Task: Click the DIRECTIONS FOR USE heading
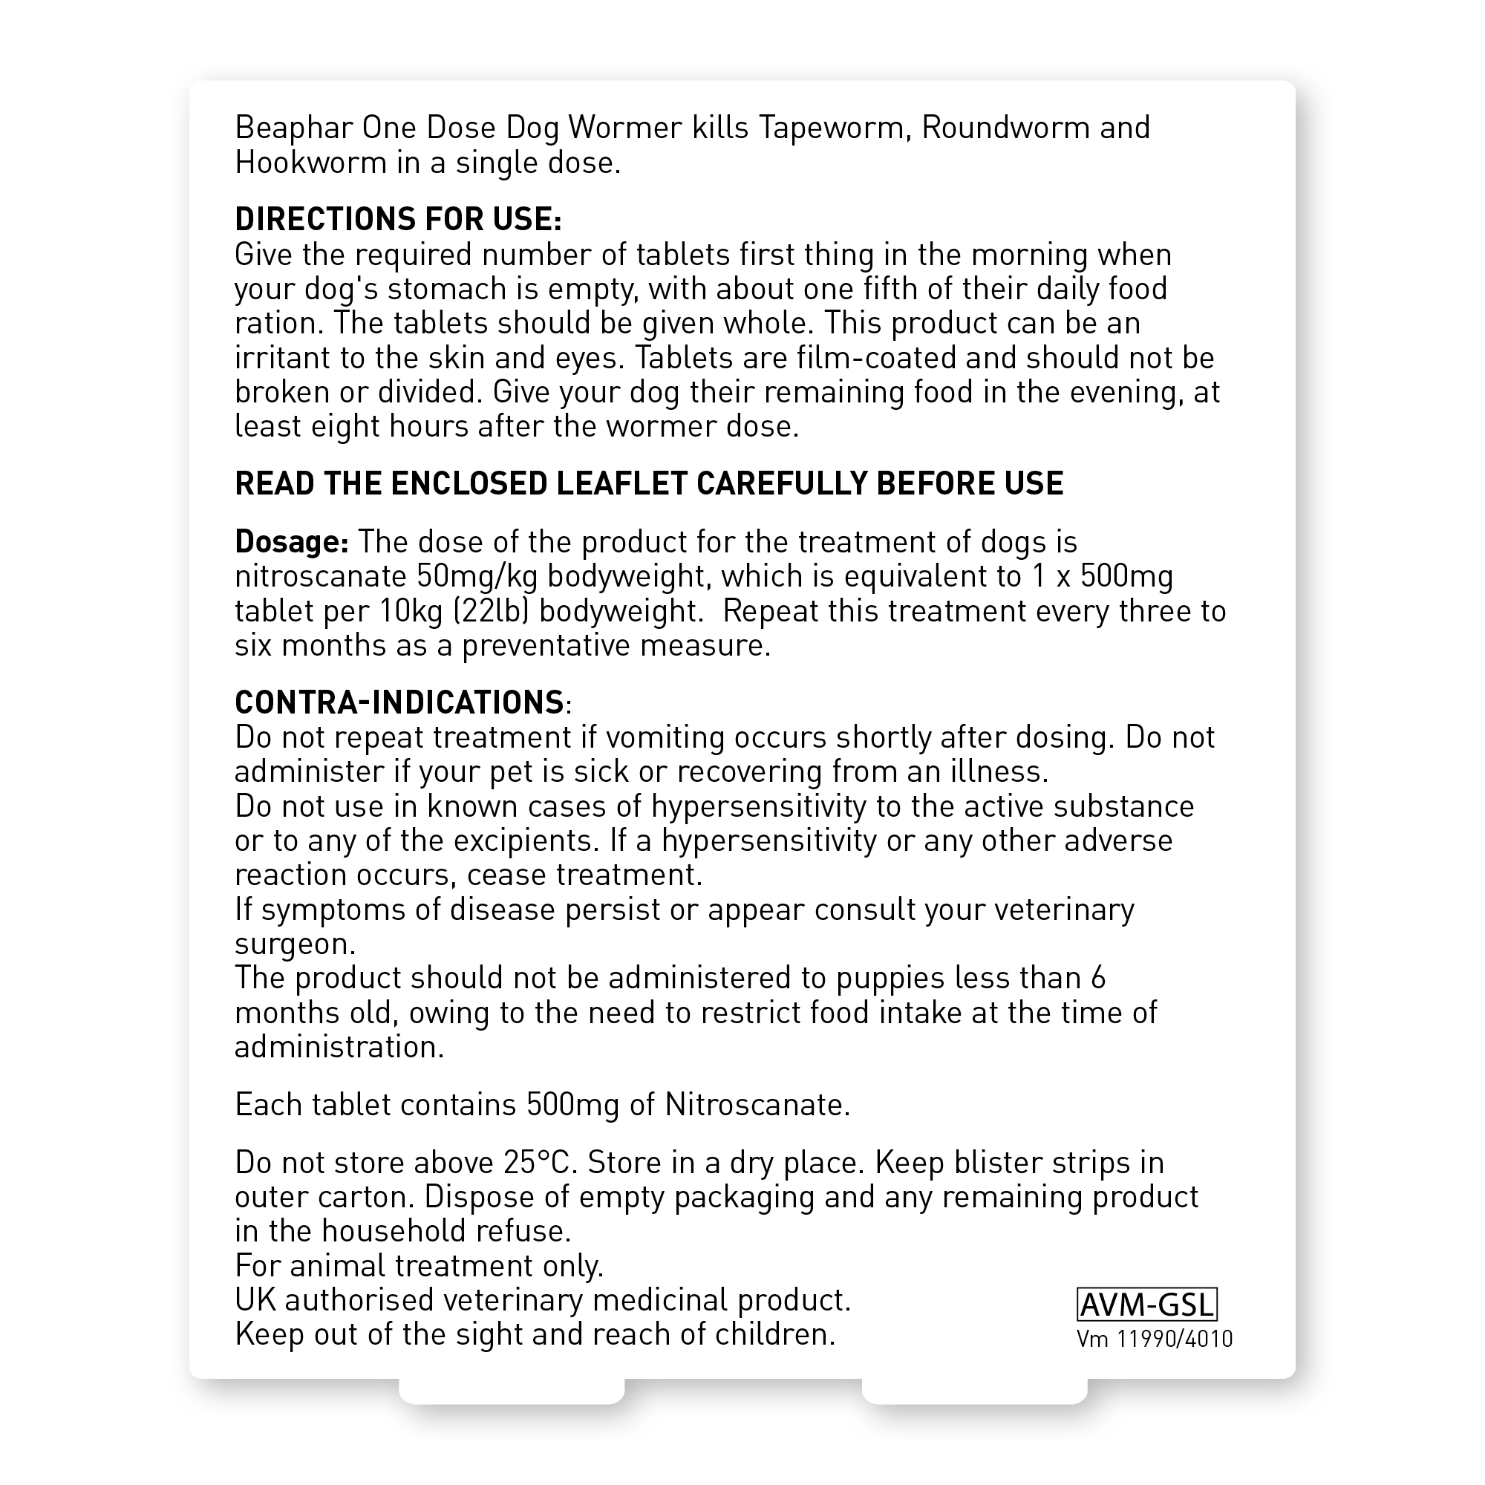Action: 398,220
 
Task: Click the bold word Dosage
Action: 291,542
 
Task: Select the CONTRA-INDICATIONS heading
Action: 399,702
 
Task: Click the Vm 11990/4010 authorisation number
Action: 1155,1339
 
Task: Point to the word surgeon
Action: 294,944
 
